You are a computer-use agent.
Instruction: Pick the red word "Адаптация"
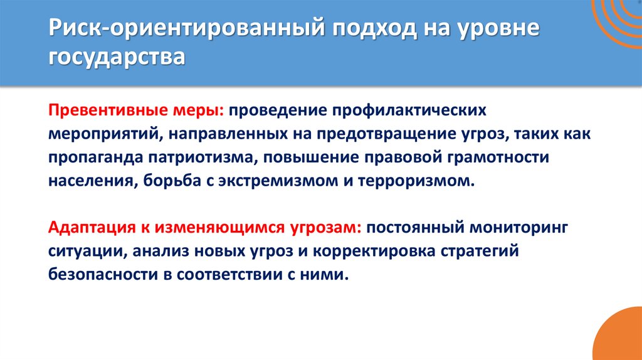point(88,228)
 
